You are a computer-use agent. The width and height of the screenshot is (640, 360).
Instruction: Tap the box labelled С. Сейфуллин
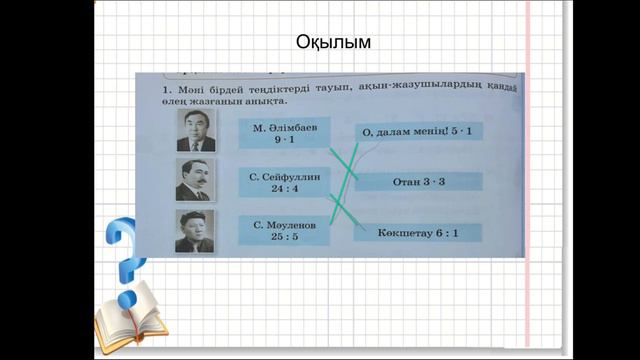(x=285, y=182)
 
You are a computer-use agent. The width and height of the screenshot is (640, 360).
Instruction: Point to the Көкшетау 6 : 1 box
(x=417, y=232)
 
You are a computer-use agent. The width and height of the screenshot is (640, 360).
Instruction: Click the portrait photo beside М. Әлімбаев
(x=196, y=131)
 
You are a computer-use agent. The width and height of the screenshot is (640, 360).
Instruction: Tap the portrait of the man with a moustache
(x=195, y=181)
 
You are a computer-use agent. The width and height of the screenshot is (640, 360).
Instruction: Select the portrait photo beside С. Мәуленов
(x=194, y=231)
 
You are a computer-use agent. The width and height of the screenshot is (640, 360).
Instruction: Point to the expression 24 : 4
(x=285, y=189)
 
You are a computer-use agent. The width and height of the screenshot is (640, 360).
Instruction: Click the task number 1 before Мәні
(x=164, y=91)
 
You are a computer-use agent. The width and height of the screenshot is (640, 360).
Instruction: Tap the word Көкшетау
(x=396, y=232)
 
